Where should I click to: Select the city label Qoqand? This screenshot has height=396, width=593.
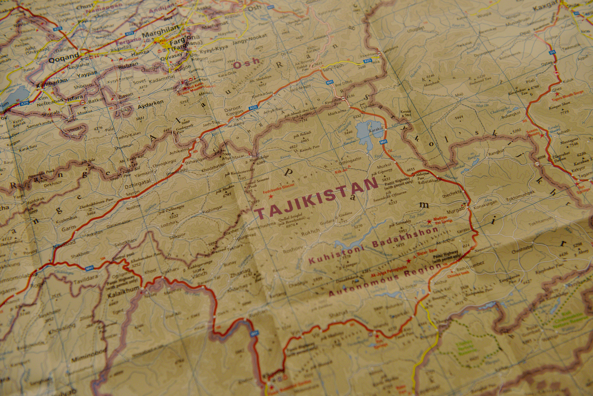(64, 57)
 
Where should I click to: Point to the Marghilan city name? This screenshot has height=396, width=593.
(160, 33)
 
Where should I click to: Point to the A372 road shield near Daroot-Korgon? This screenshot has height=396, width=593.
(253, 108)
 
